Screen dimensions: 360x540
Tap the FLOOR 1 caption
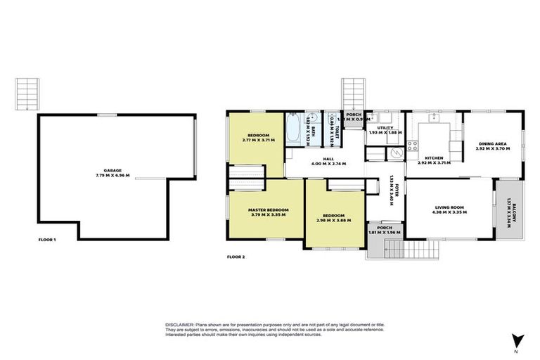[47, 240]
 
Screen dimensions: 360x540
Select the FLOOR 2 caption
[236, 257]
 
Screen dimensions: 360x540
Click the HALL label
[328, 158]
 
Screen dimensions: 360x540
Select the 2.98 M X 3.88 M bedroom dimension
[334, 220]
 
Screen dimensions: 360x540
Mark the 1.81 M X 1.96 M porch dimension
[384, 232]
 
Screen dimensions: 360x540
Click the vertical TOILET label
[337, 131]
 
